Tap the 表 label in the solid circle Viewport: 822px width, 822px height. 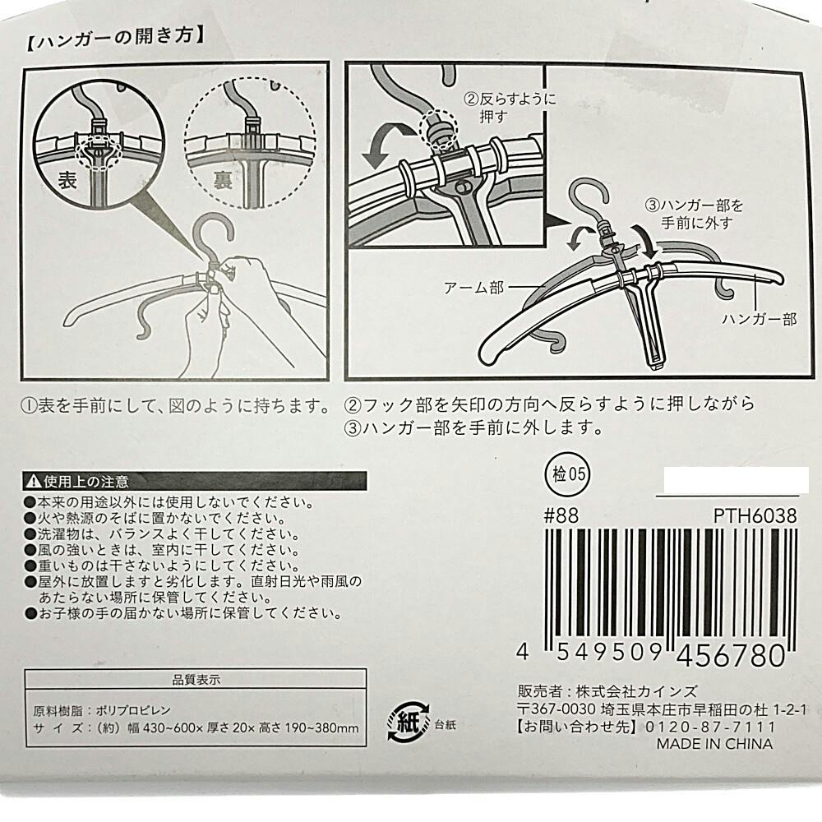point(67,182)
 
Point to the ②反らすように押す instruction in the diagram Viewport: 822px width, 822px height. point(510,108)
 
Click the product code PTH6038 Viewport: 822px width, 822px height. point(755,517)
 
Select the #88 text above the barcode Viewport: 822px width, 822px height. point(561,517)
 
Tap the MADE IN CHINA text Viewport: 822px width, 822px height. point(713,744)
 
